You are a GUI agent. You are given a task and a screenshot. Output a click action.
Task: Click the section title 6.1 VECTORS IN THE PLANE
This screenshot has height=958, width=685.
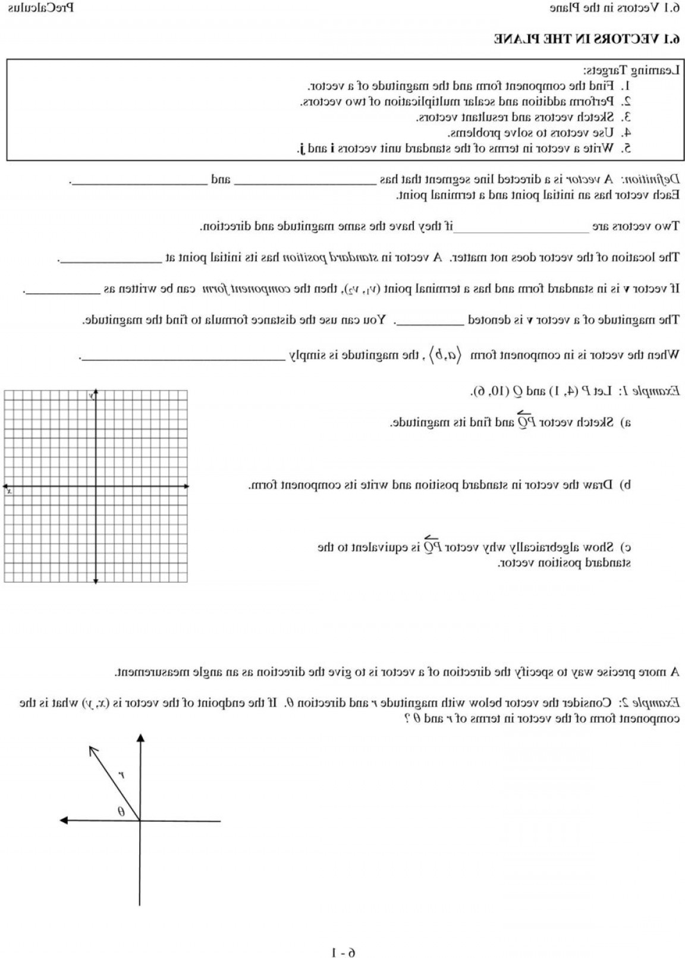[586, 39]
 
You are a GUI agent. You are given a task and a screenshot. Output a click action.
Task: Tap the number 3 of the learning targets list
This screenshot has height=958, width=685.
[626, 117]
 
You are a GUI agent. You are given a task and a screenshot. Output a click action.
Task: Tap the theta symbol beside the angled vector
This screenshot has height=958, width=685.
[121, 811]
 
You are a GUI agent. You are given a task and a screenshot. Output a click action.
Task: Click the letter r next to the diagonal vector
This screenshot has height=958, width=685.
[120, 775]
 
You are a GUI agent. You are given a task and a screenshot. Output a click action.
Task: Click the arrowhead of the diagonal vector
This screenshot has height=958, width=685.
[92, 750]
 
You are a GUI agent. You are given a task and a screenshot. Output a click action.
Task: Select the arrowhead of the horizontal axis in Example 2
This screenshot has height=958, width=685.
[64, 821]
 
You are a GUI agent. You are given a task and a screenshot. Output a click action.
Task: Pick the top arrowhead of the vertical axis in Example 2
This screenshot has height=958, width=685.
[140, 739]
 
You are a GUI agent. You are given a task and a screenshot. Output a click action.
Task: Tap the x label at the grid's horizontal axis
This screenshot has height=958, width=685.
[8, 491]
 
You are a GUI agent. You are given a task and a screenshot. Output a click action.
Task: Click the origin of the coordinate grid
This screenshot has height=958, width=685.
[96, 486]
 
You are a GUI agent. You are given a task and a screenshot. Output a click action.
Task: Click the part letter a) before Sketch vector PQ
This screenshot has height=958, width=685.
[625, 423]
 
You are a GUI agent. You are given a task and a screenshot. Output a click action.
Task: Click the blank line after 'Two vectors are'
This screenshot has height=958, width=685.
[521, 227]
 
